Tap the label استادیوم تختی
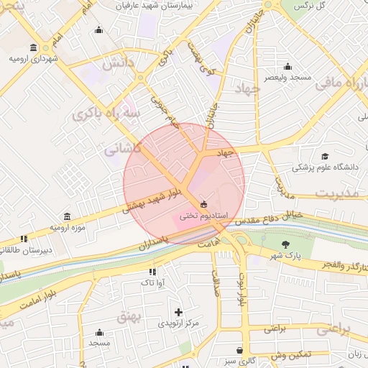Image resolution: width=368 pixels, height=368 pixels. [203, 216]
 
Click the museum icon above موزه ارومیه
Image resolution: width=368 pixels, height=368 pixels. [67, 216]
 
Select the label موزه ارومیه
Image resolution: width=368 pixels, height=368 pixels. [68, 227]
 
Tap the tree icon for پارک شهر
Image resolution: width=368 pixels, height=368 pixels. [287, 244]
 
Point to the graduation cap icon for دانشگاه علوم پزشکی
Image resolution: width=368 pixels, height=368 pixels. [325, 156]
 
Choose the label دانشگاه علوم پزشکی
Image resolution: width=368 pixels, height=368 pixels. [325, 167]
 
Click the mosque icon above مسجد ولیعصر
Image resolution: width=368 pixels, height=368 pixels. [287, 66]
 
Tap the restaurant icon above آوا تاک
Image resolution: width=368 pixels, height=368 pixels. [152, 272]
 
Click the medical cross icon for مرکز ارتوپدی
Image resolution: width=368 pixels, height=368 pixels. [179, 312]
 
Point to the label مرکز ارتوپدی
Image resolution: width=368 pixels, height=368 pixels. [179, 323]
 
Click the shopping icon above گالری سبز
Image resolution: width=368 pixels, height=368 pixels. [239, 350]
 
